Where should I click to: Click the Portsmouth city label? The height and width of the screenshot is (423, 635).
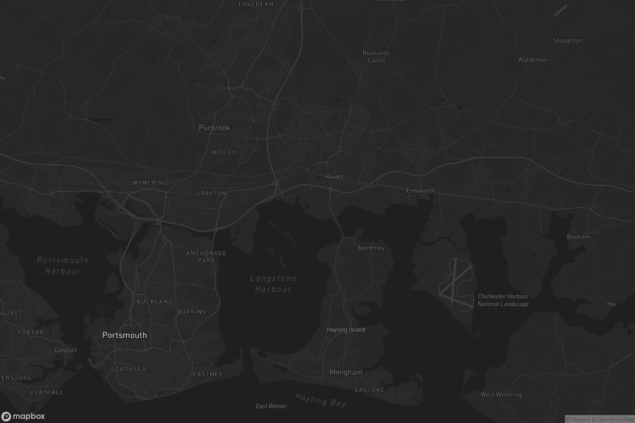point(124,335)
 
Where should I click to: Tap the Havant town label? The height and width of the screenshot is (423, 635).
point(334,177)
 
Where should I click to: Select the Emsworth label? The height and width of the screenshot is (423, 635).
point(421,191)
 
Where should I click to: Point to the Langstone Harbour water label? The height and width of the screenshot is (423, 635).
point(273,284)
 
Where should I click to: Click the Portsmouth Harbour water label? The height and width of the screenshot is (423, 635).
point(63,266)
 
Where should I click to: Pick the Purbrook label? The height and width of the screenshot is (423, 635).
point(214,128)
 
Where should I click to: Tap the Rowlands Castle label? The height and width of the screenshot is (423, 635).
point(376,57)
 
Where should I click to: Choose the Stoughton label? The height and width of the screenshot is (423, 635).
point(567,40)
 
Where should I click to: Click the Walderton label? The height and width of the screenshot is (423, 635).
point(532,60)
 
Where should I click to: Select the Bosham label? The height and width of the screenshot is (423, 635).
point(578,237)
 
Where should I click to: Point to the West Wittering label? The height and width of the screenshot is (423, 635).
point(501,395)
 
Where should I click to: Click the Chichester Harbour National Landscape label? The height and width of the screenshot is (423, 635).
point(503,300)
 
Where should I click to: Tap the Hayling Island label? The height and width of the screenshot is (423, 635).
point(346,329)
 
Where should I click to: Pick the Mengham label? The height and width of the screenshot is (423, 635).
point(346,372)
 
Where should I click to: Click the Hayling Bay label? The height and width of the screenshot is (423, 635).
point(320,400)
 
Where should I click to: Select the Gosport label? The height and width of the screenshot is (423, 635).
point(66,350)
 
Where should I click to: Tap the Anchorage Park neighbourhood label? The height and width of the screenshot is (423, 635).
point(206,257)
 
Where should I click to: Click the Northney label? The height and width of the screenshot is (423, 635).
point(371,248)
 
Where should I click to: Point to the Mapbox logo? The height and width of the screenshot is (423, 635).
point(23,416)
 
